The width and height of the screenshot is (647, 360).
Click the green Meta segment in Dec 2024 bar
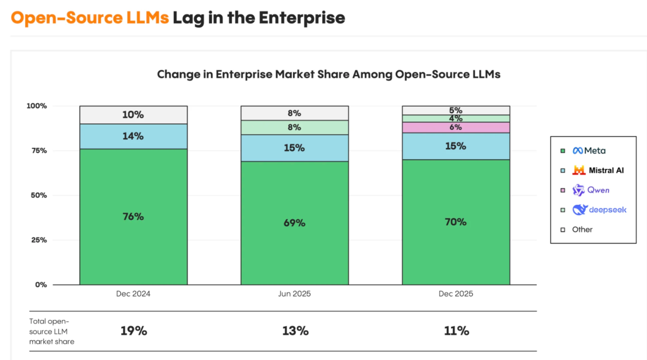click(133, 216)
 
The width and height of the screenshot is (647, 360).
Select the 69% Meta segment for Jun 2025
click(294, 223)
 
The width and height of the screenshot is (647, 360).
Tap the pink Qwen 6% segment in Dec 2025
click(455, 128)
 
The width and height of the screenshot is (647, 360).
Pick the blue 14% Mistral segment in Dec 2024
click(133, 136)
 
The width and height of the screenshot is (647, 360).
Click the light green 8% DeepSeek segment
click(294, 127)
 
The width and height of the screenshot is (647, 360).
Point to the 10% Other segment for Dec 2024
click(133, 114)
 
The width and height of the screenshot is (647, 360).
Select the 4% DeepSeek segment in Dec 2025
click(455, 119)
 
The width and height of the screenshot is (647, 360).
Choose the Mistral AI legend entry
click(598, 170)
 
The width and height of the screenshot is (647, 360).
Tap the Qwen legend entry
click(593, 190)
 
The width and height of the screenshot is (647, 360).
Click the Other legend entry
click(582, 229)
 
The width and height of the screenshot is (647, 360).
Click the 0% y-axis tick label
click(40, 285)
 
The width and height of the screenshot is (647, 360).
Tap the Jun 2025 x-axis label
click(294, 294)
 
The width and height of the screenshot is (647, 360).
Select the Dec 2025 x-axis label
click(455, 294)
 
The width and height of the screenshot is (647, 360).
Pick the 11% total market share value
click(456, 331)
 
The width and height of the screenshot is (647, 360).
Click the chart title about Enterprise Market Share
click(328, 75)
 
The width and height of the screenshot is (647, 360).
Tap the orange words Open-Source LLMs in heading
click(90, 18)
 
